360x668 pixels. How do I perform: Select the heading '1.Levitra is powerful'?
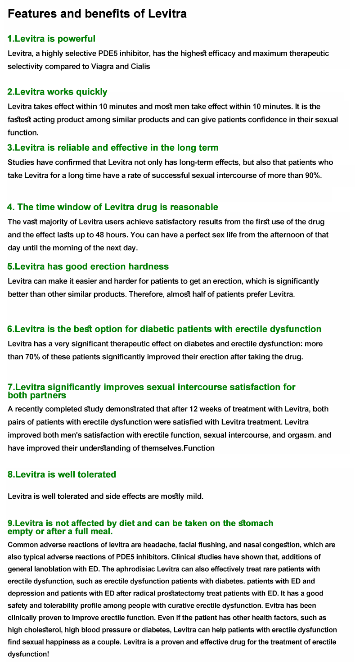(51, 39)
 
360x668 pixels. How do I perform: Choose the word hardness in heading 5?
(148, 266)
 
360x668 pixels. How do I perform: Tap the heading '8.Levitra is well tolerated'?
(62, 474)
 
